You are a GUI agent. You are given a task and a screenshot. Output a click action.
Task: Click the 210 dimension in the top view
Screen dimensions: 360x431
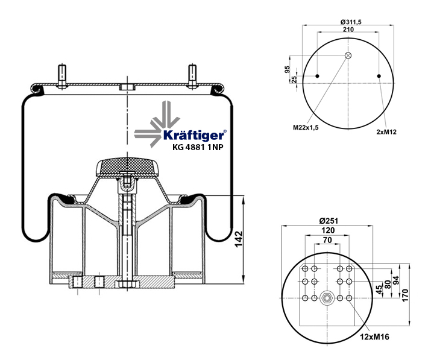point(347,30)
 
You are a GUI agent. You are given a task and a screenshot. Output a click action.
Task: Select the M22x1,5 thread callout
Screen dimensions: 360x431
point(306,127)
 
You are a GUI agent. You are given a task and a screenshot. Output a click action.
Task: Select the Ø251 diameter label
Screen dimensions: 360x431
point(329,220)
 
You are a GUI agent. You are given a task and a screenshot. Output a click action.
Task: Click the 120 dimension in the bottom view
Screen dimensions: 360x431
point(328,230)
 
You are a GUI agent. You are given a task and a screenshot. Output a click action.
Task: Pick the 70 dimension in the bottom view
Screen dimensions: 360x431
point(328,241)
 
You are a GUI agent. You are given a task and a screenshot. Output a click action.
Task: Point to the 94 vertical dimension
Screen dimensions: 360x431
point(397,280)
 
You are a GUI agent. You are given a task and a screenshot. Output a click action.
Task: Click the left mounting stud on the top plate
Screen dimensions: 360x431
point(63,76)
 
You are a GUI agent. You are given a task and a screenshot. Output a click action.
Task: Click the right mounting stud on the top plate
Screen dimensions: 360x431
point(192,76)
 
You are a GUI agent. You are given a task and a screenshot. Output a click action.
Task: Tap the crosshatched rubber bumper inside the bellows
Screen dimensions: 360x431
point(127,164)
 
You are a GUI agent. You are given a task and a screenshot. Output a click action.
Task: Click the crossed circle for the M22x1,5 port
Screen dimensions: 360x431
point(348,55)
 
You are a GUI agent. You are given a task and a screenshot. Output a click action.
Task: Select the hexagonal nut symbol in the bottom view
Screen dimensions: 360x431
point(327,298)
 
